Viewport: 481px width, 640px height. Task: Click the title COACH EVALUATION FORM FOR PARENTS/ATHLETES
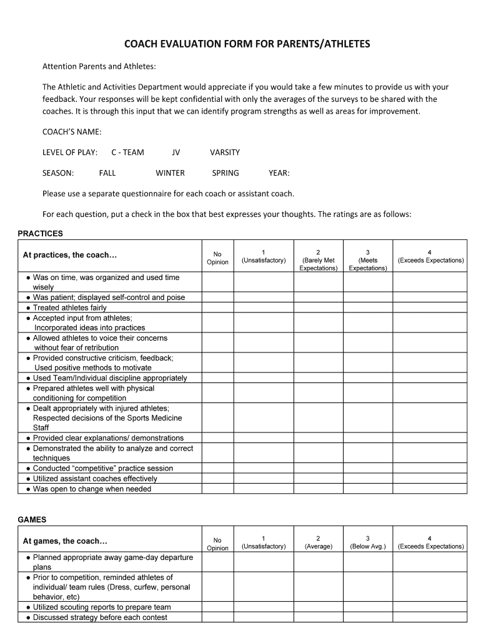[x=247, y=44]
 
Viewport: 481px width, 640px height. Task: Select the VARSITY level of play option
[x=224, y=152]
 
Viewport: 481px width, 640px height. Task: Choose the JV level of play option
[x=176, y=152]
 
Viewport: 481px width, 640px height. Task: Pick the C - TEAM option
[x=127, y=152]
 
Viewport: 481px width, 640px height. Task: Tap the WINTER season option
[x=170, y=173]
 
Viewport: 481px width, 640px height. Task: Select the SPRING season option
[x=225, y=173]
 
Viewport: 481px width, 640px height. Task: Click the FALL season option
[x=107, y=173]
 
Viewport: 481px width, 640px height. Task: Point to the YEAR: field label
[x=279, y=173]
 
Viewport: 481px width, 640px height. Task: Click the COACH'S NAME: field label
[x=71, y=131]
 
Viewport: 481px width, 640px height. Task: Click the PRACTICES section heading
[x=40, y=234]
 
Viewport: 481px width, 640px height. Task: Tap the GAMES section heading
[x=32, y=519]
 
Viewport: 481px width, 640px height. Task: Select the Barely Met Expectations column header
[x=318, y=260]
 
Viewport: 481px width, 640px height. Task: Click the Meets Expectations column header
[x=367, y=260]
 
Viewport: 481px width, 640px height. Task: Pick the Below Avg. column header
[x=367, y=542]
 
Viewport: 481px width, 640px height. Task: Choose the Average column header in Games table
[x=318, y=542]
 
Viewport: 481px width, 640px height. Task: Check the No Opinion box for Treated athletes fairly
[x=217, y=307]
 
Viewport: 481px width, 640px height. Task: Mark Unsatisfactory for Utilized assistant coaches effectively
[x=263, y=479]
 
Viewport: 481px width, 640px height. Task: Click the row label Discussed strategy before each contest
[x=100, y=617]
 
